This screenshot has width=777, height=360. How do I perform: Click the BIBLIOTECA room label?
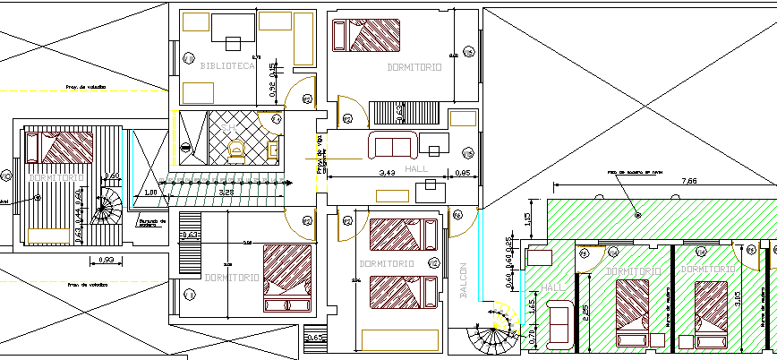228,66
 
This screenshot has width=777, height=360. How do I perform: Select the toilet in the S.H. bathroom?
237,153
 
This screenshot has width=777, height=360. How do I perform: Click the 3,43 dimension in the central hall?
388,172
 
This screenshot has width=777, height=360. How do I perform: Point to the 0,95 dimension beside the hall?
464,172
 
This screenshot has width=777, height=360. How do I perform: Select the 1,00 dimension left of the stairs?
150,192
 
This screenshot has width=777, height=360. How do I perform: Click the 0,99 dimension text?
106,261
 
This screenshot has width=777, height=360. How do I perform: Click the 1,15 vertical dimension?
529,219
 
